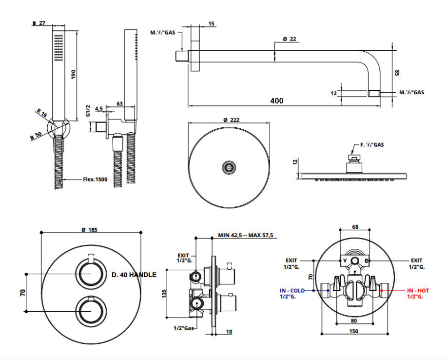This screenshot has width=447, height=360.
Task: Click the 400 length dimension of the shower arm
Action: (277, 100)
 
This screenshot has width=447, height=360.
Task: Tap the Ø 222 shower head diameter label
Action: (231, 119)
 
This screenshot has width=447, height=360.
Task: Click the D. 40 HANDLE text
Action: (134, 275)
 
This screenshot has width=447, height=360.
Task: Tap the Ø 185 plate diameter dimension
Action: (90, 229)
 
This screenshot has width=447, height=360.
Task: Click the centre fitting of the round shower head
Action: (229, 168)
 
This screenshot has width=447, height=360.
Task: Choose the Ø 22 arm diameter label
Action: (289, 39)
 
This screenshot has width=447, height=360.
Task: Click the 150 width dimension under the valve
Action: (354, 331)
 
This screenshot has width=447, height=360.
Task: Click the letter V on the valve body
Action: (345, 261)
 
